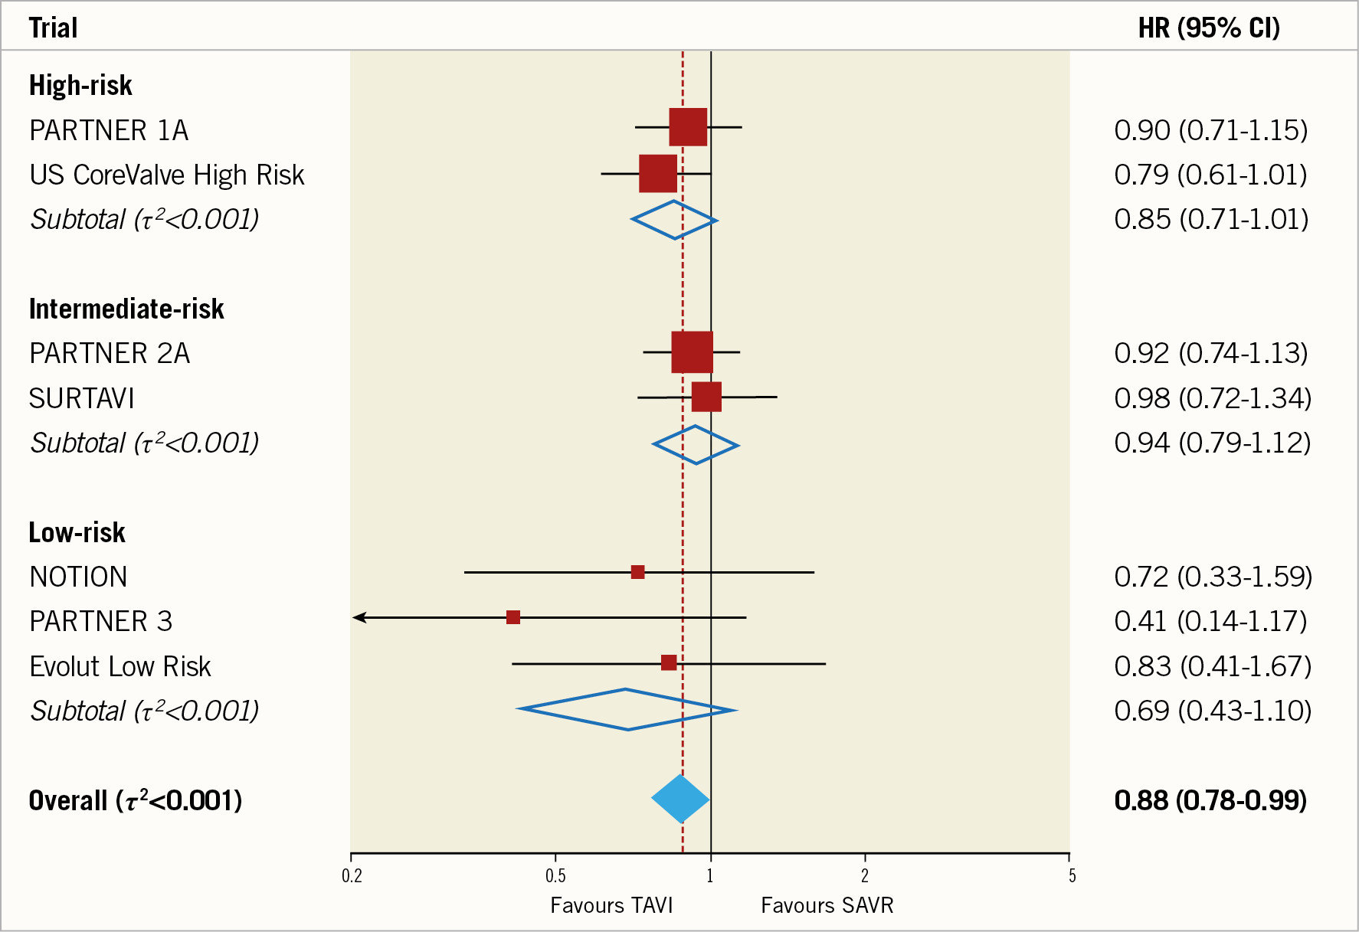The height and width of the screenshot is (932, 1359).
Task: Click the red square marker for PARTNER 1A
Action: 688,127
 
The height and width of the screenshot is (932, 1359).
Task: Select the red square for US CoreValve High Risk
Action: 658,174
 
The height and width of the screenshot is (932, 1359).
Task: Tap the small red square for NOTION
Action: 637,572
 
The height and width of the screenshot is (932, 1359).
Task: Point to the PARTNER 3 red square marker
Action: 513,617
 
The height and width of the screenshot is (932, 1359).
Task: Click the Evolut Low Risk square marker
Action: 669,662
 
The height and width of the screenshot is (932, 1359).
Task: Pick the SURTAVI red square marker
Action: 706,397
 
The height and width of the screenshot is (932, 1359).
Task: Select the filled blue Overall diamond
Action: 680,799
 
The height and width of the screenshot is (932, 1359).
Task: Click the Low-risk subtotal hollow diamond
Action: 627,710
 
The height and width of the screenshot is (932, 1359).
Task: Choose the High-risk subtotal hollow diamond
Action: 674,220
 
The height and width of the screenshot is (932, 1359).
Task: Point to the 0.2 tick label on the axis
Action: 352,876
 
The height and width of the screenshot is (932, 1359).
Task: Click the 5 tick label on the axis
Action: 1072,876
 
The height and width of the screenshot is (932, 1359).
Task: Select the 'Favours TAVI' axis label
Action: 611,906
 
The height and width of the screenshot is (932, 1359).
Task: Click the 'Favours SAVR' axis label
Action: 827,906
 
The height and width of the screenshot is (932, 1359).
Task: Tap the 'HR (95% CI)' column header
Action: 1209,28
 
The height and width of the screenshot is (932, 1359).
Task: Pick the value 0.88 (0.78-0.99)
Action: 1210,801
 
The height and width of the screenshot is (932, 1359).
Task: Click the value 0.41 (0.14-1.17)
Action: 1210,621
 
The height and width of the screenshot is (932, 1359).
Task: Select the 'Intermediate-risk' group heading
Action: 126,309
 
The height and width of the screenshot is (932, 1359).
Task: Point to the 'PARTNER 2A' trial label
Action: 110,354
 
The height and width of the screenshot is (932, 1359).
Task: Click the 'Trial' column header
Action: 53,28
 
